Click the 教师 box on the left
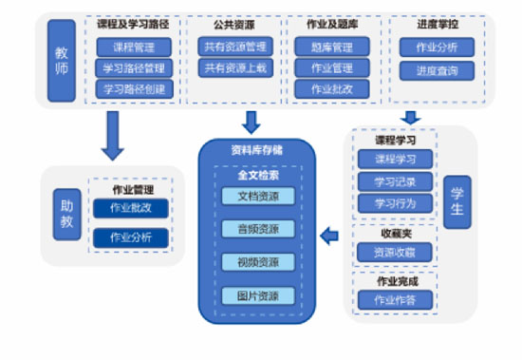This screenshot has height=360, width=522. click(x=61, y=60)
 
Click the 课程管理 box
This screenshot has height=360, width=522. click(x=134, y=47)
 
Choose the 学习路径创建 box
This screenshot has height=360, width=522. click(x=134, y=89)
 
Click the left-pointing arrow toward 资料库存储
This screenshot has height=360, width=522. click(x=329, y=237)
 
